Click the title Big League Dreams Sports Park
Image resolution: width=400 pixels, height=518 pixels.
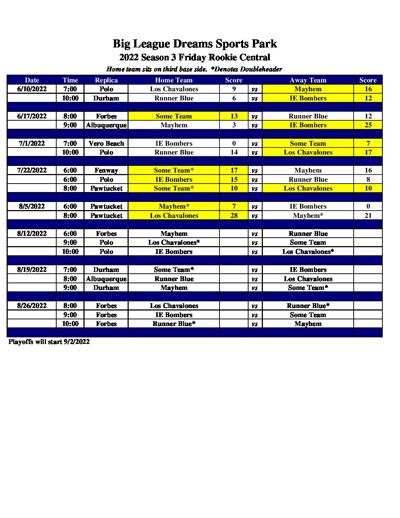tap(194, 44)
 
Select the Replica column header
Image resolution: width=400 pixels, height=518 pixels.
tap(106, 80)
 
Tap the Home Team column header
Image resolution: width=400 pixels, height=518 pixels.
tap(174, 80)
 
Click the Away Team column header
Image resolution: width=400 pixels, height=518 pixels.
tap(308, 80)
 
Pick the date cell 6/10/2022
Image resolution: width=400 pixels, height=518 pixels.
tap(32, 89)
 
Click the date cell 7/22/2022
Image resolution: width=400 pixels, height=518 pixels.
tap(32, 170)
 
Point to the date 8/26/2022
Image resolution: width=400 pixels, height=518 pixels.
tap(32, 306)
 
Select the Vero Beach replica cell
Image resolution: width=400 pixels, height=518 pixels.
tap(106, 143)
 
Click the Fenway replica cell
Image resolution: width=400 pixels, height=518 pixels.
tap(106, 170)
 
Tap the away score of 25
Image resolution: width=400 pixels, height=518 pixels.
tap(368, 125)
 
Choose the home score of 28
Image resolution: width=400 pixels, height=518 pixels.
tap(234, 216)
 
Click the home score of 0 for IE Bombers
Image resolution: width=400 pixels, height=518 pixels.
tap(234, 143)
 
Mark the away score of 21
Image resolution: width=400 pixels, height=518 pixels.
tap(368, 216)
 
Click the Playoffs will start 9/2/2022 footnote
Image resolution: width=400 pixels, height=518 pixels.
tap(49, 342)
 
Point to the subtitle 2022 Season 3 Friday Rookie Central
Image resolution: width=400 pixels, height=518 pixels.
tap(194, 57)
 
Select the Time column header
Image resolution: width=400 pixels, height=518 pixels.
tap(70, 80)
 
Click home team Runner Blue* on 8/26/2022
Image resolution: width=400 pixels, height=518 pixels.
tap(174, 324)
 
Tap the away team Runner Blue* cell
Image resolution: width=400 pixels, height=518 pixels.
tap(308, 306)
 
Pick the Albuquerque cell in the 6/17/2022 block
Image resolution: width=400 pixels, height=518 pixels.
tap(106, 125)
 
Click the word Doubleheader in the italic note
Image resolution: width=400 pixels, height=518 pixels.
tap(261, 69)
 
